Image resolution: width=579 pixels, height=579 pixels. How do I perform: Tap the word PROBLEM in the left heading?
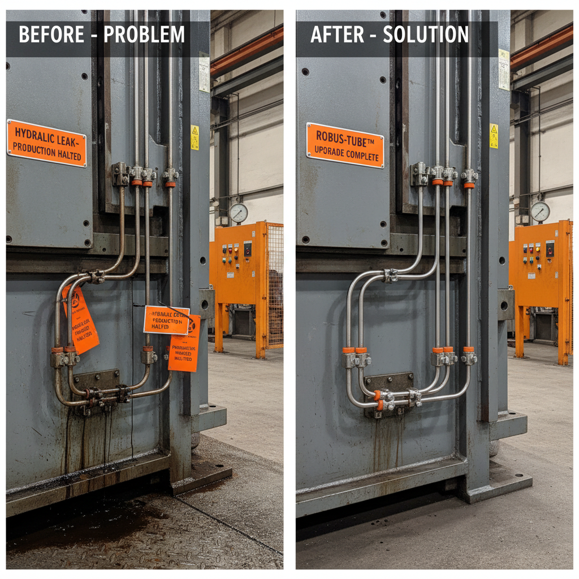pyautogui.click(x=144, y=35)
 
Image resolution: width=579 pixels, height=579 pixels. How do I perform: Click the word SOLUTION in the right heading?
pyautogui.click(x=426, y=35)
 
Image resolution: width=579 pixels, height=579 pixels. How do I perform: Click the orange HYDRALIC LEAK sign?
pyautogui.click(x=47, y=143)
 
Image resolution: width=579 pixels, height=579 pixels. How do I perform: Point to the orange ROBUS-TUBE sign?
pyautogui.click(x=345, y=145)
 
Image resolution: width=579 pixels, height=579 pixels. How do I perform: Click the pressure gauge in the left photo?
pyautogui.click(x=238, y=213)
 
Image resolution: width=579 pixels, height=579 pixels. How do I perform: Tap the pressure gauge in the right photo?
pyautogui.click(x=540, y=211)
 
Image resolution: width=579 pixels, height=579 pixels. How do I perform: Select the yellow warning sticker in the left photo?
pyautogui.click(x=195, y=137)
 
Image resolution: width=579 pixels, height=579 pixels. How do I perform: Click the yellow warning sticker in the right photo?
pyautogui.click(x=494, y=136)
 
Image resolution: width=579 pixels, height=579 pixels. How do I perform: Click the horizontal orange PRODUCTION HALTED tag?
pyautogui.click(x=166, y=320)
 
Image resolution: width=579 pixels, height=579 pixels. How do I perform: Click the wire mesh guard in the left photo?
pyautogui.click(x=274, y=286)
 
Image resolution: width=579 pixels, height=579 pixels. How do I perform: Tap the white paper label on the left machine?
pyautogui.click(x=204, y=72)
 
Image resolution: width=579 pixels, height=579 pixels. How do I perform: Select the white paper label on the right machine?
pyautogui.click(x=503, y=69)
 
